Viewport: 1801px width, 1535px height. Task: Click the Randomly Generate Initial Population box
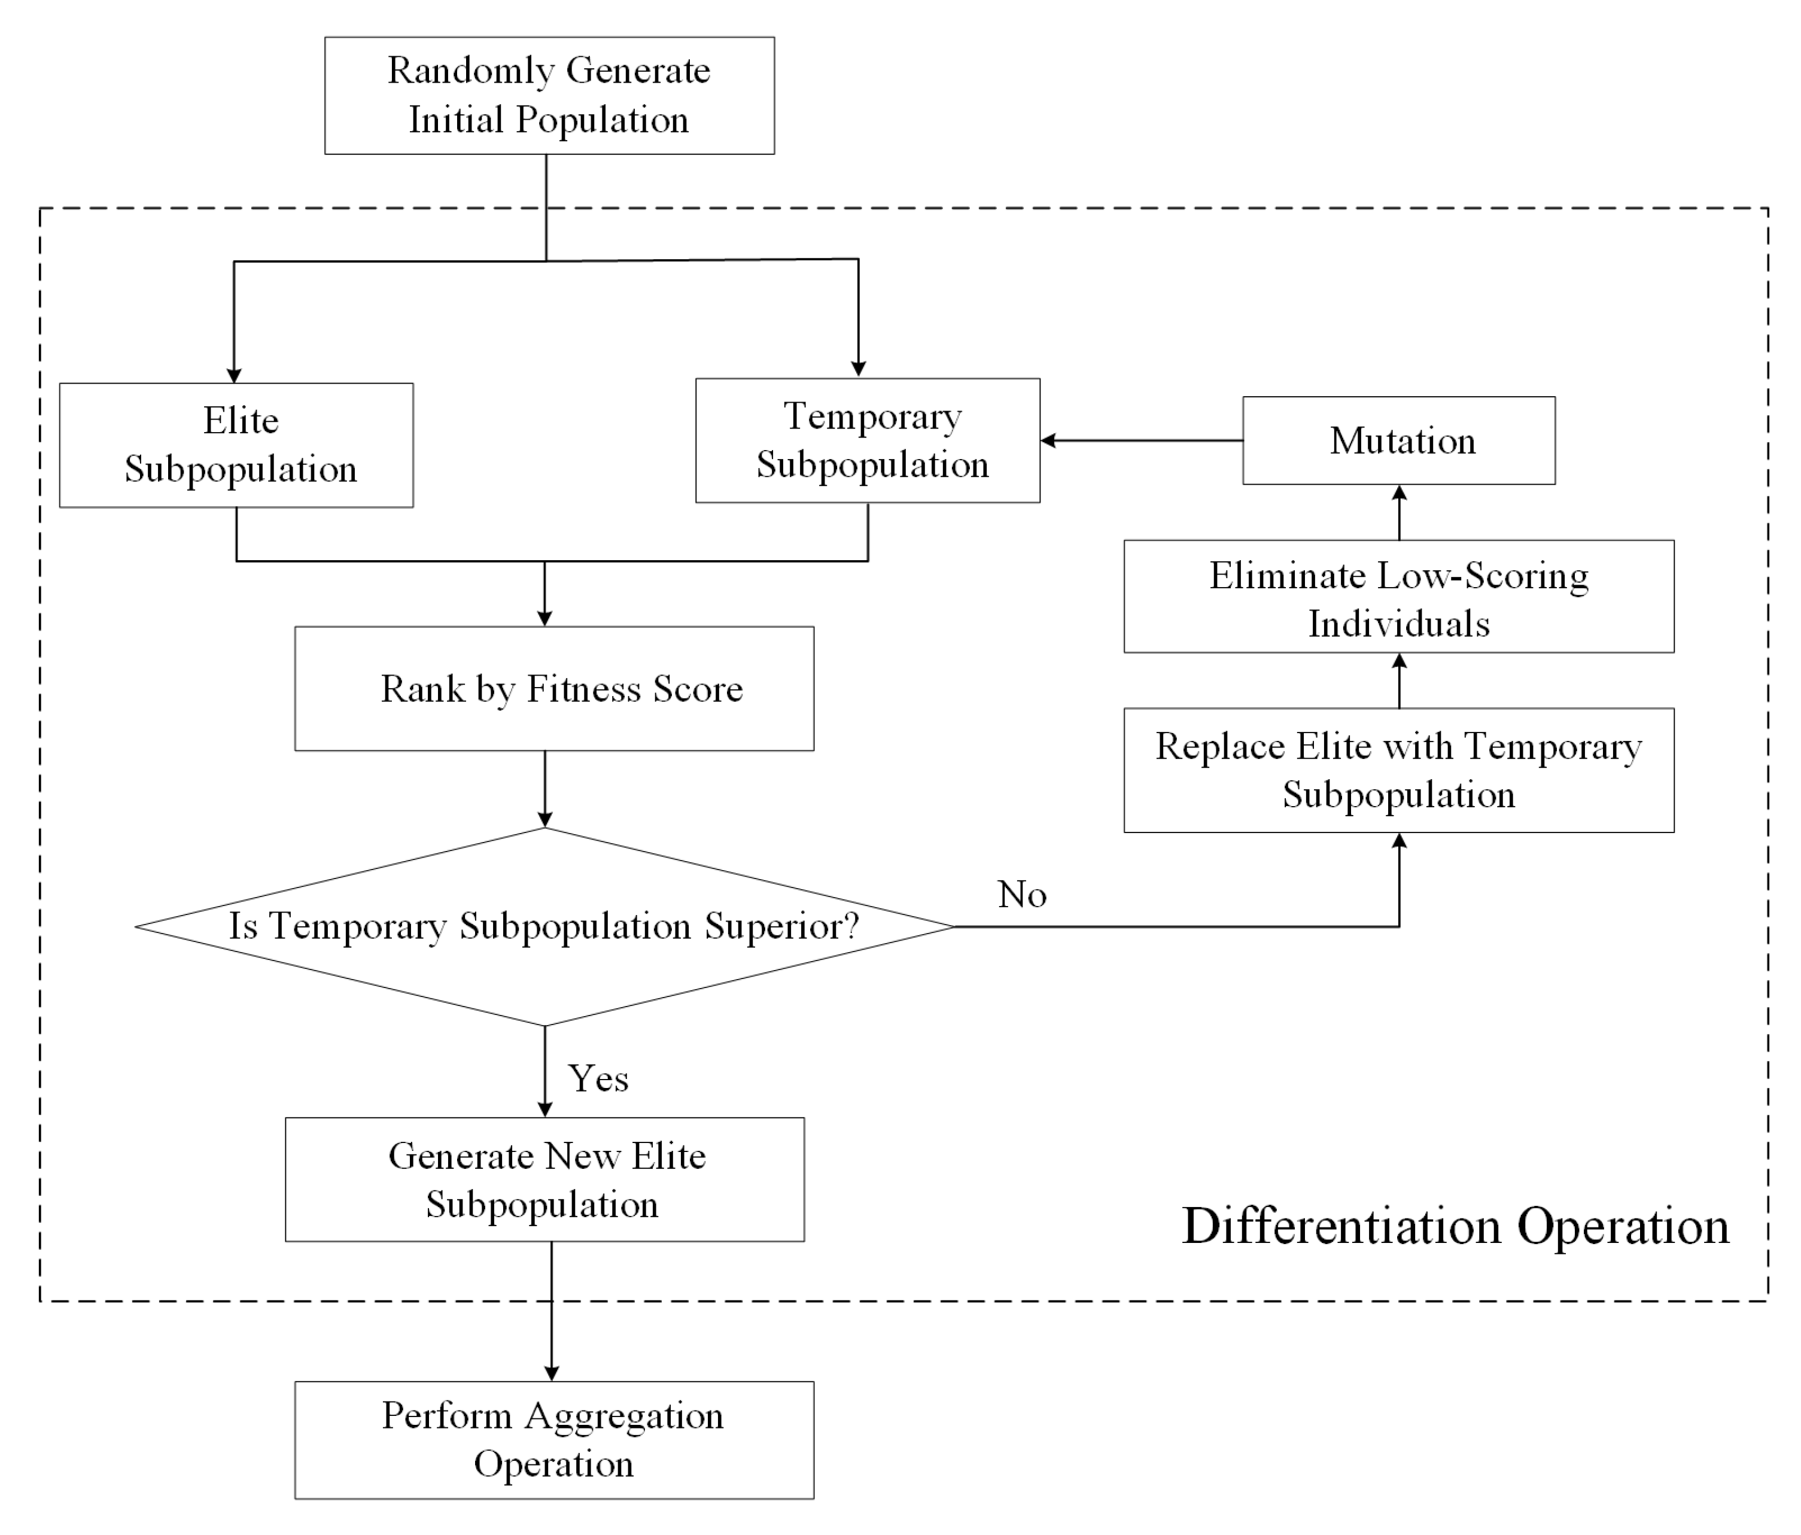point(549,96)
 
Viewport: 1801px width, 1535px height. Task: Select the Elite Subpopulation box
point(236,445)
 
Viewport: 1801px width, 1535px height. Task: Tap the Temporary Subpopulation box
point(868,440)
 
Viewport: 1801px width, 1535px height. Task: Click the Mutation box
point(1398,440)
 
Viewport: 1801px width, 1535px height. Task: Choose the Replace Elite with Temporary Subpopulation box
point(1398,770)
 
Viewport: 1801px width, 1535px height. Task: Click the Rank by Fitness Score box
point(555,688)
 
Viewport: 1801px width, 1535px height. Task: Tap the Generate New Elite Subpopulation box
point(545,1180)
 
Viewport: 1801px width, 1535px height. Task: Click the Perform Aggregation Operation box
point(555,1440)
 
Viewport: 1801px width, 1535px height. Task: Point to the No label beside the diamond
point(1021,895)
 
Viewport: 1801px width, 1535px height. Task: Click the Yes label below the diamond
point(598,1078)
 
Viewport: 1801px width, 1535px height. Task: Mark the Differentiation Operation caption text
point(1455,1226)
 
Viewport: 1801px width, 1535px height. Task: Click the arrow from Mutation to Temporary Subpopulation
point(1141,440)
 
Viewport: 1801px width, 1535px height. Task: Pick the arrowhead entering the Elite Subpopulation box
point(234,375)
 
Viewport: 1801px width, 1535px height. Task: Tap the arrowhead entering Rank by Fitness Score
point(545,618)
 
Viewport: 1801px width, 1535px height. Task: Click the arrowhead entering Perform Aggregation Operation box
point(551,1372)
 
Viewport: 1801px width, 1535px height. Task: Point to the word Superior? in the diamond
point(781,926)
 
